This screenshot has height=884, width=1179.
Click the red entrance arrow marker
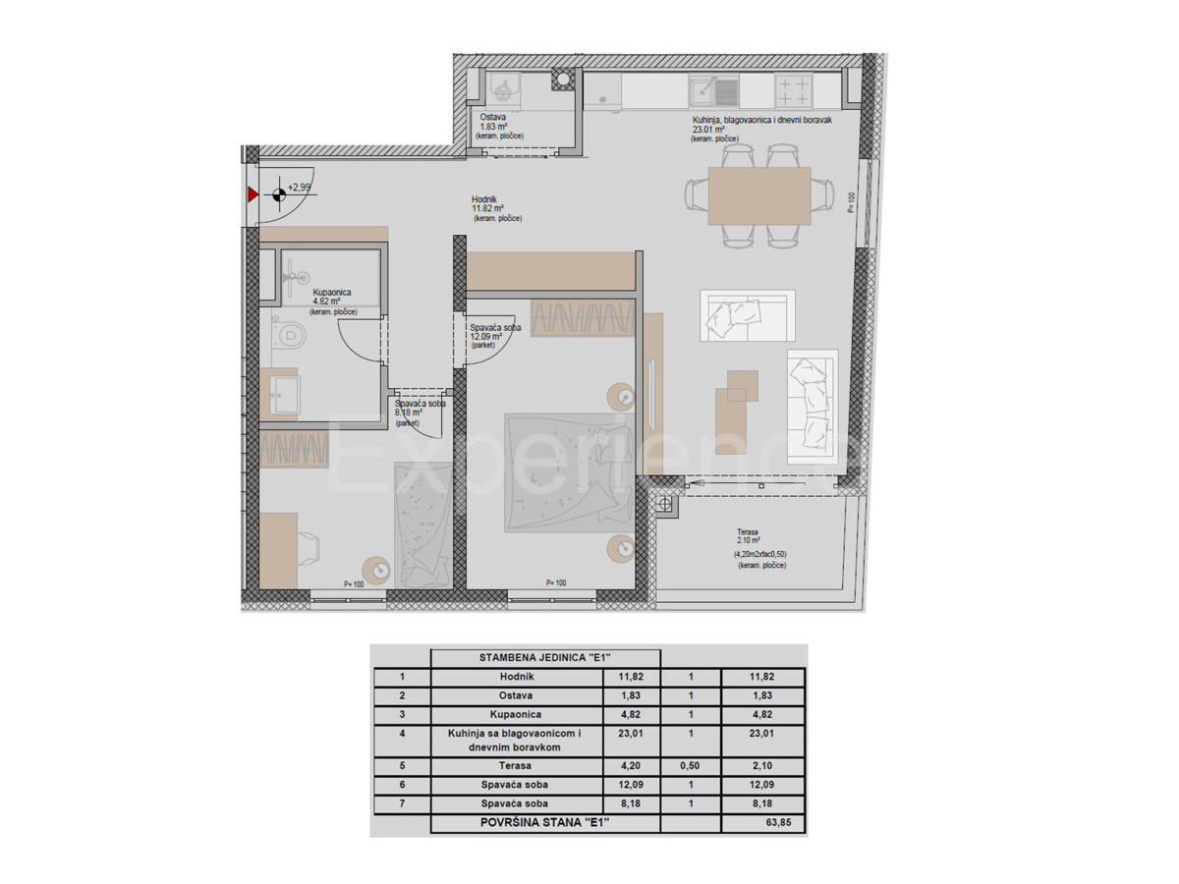(x=253, y=194)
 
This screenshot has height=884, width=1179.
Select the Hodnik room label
(x=487, y=207)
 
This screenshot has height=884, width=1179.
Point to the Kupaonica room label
(x=332, y=293)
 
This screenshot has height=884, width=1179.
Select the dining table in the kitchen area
(x=758, y=194)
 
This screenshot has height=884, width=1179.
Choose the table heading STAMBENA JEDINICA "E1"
(x=544, y=658)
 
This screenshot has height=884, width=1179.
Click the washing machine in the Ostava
(x=505, y=92)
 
